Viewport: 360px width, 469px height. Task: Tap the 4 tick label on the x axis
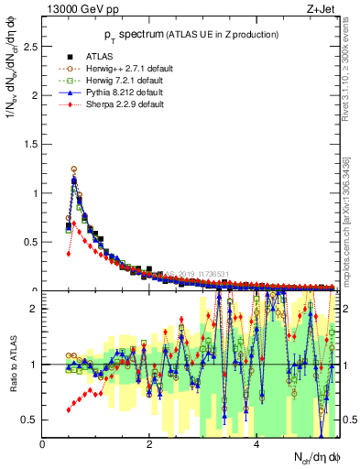(x=256, y=444)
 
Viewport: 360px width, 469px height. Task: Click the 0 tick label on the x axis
(x=43, y=444)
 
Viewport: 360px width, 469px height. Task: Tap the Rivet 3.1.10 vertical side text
(x=349, y=68)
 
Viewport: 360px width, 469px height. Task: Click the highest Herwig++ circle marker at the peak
(x=73, y=169)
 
